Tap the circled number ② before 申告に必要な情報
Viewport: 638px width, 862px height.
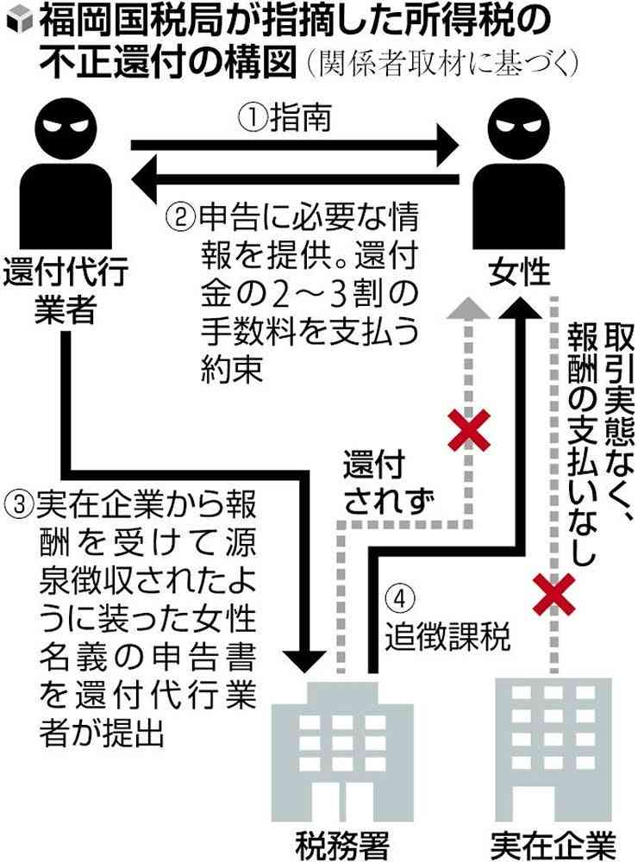click(x=178, y=215)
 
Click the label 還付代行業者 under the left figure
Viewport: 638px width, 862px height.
click(x=66, y=290)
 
